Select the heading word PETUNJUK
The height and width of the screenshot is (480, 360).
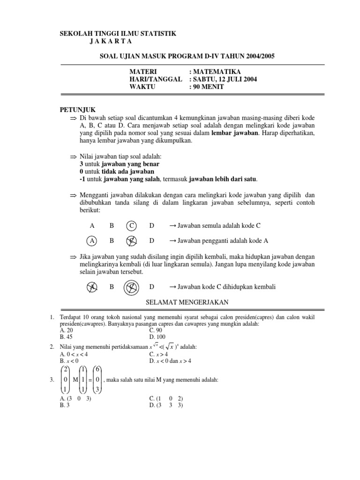tap(77, 109)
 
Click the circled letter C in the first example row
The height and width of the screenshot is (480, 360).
tap(132, 226)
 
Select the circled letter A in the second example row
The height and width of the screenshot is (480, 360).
tap(92, 240)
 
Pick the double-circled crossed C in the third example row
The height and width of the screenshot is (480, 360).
tap(132, 286)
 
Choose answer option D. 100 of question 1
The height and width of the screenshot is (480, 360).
tap(157, 337)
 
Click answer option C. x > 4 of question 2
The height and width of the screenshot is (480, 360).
tap(158, 354)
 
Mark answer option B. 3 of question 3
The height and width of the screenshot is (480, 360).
tap(65, 405)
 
